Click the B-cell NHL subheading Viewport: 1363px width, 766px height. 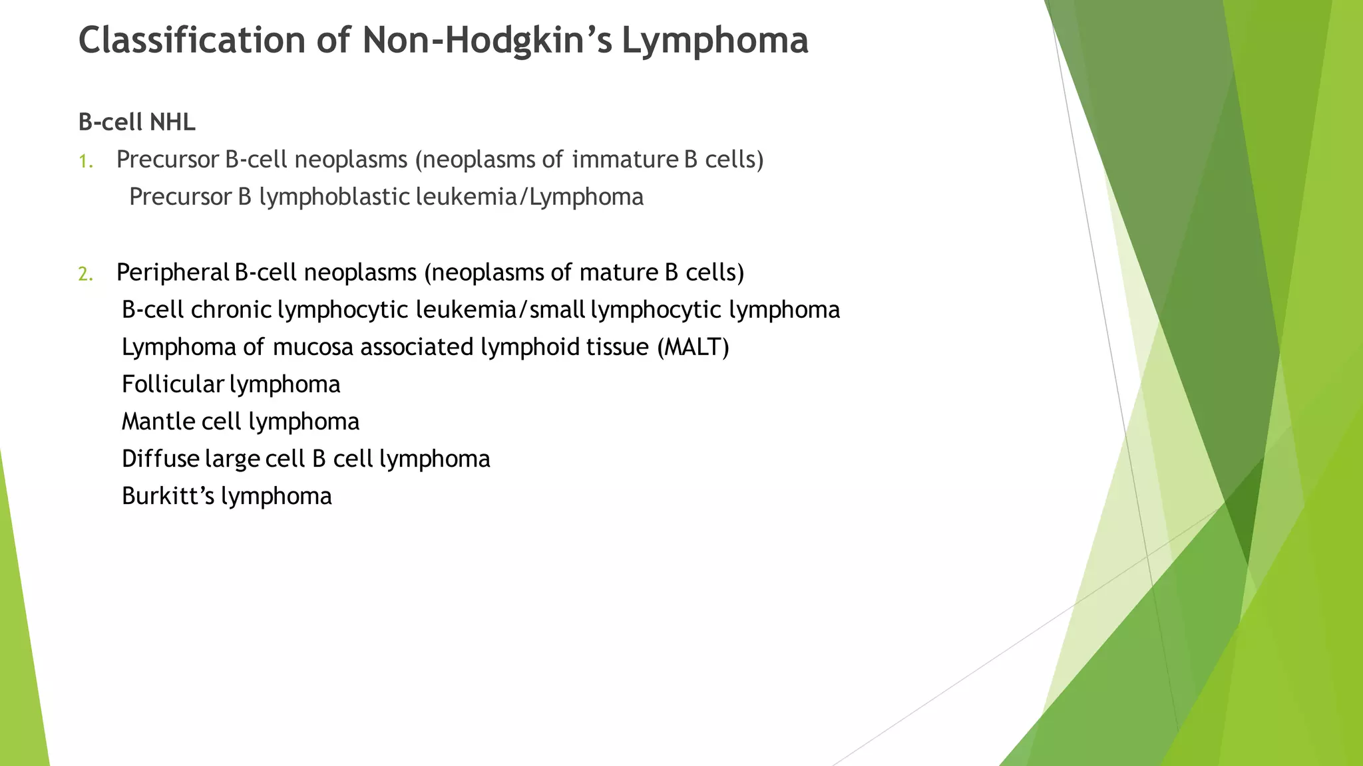pos(136,122)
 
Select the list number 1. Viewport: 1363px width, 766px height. pos(85,162)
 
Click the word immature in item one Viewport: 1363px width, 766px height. pos(625,160)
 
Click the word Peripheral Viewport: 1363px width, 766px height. pos(172,273)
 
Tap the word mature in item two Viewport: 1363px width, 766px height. pos(618,273)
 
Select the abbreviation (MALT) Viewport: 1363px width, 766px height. pos(693,347)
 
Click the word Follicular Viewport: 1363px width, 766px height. pos(172,384)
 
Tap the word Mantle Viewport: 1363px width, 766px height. pos(158,422)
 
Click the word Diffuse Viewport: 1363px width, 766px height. pos(160,459)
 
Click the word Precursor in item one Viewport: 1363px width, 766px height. pos(167,160)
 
